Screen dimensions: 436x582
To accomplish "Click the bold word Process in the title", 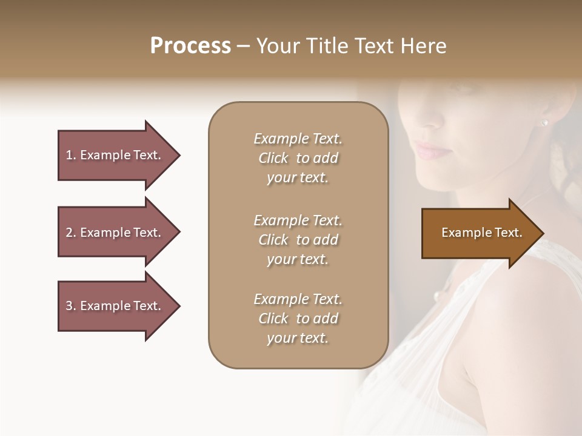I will pyautogui.click(x=190, y=46).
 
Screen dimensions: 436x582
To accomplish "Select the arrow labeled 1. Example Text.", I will pyautogui.click(x=118, y=155).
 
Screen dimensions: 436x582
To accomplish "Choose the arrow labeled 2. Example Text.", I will pyautogui.click(x=118, y=233).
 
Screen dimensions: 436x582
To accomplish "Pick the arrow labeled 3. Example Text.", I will pyautogui.click(x=118, y=306).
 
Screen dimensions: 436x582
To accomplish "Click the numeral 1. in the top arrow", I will pyautogui.click(x=70, y=155).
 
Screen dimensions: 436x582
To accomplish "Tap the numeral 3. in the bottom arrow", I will pyautogui.click(x=70, y=306).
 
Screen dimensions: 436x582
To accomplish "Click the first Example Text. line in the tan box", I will pyautogui.click(x=298, y=139).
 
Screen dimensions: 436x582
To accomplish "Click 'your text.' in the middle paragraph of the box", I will pyautogui.click(x=298, y=259).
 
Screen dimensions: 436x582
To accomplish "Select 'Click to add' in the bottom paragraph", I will pyautogui.click(x=298, y=319).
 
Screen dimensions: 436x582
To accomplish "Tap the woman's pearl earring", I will pyautogui.click(x=544, y=123).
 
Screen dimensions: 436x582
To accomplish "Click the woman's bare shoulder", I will pyautogui.click(x=527, y=315).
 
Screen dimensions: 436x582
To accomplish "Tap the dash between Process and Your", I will pyautogui.click(x=243, y=47).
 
